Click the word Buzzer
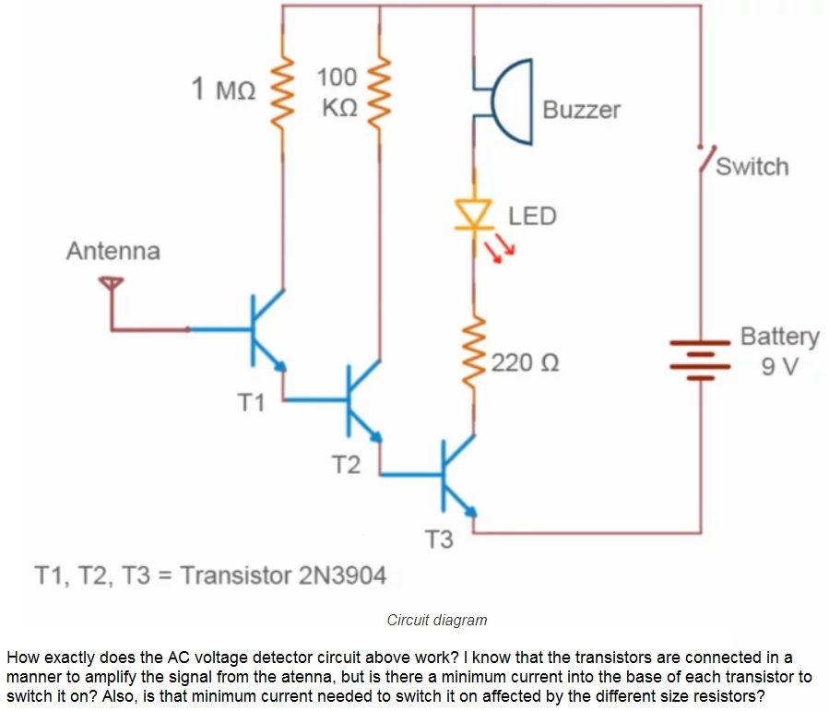(581, 110)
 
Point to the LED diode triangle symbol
(474, 215)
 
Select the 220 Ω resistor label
(524, 362)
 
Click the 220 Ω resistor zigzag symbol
(475, 356)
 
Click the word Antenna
(113, 251)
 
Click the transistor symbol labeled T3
(453, 476)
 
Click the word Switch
(752, 167)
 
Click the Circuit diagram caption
(437, 620)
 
